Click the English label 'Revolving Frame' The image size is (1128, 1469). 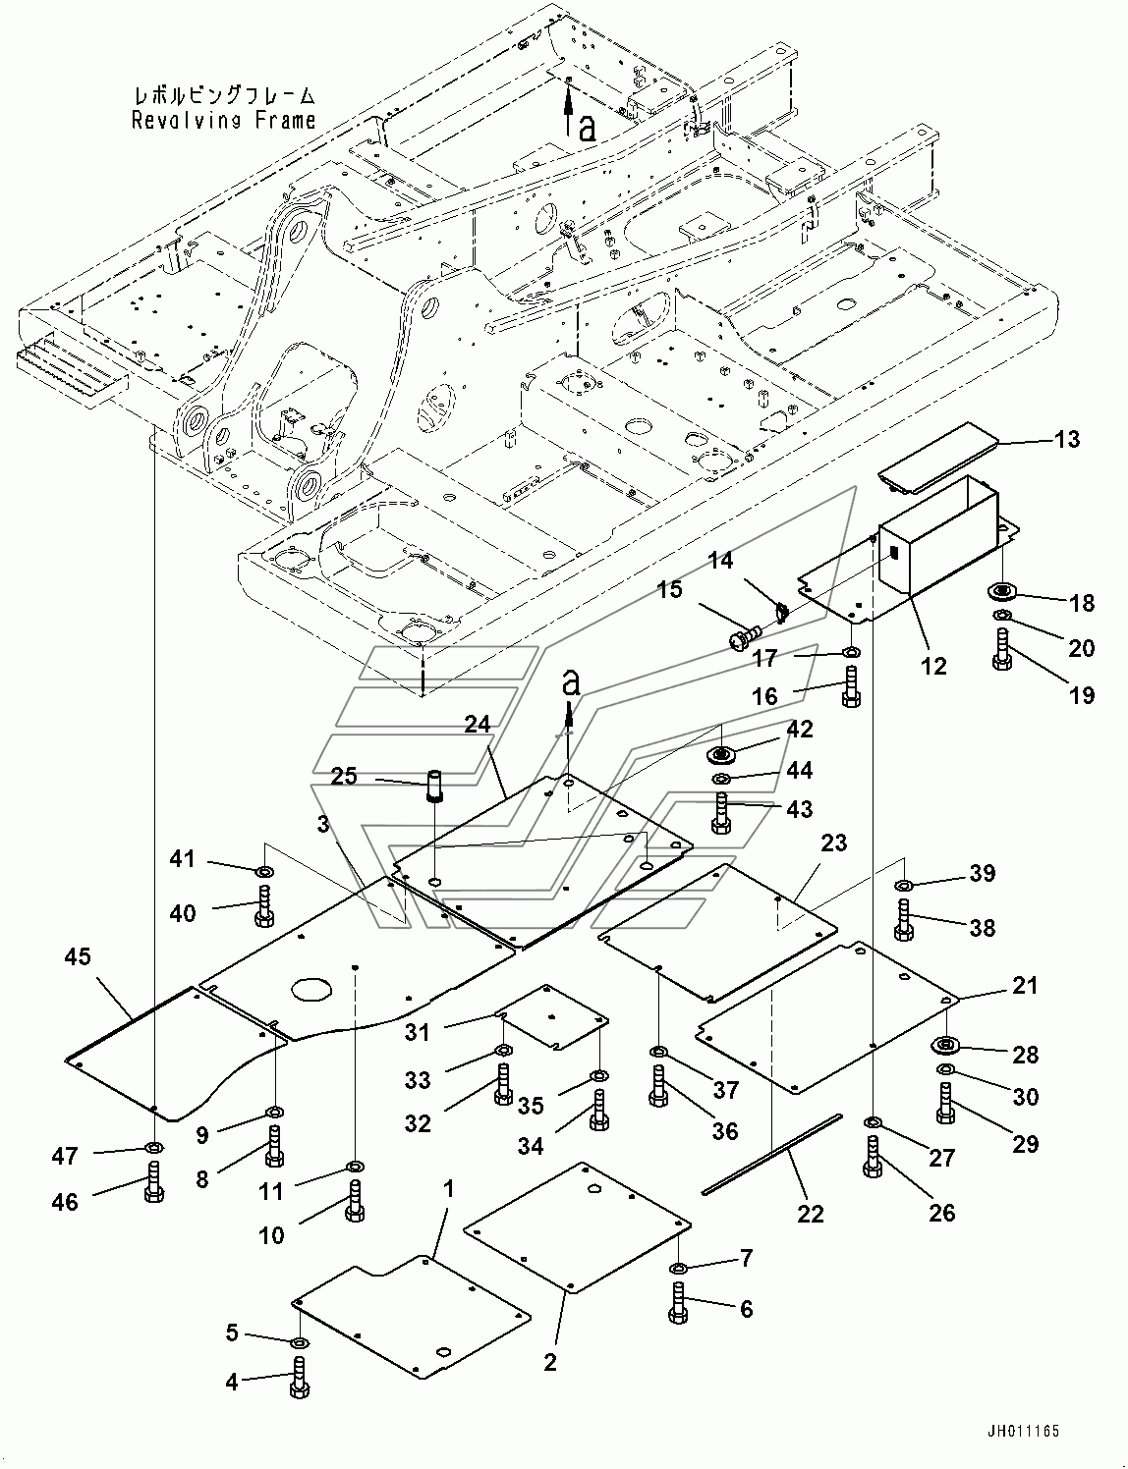pyautogui.click(x=223, y=121)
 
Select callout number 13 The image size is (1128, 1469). pyautogui.click(x=1068, y=440)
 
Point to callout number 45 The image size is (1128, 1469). pyautogui.click(x=78, y=957)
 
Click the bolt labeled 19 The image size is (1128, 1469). pyautogui.click(x=1001, y=650)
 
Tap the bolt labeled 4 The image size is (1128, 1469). pyautogui.click(x=301, y=1378)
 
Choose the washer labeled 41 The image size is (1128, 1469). pyautogui.click(x=264, y=869)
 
